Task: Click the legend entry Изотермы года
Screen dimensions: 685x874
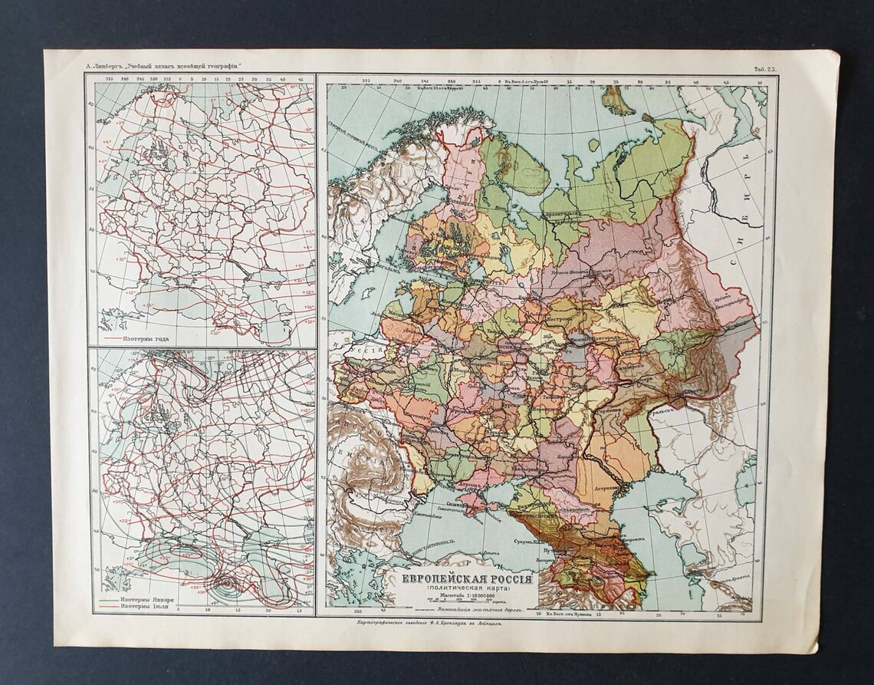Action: pyautogui.click(x=145, y=338)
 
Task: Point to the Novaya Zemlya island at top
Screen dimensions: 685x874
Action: pyautogui.click(x=618, y=100)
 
